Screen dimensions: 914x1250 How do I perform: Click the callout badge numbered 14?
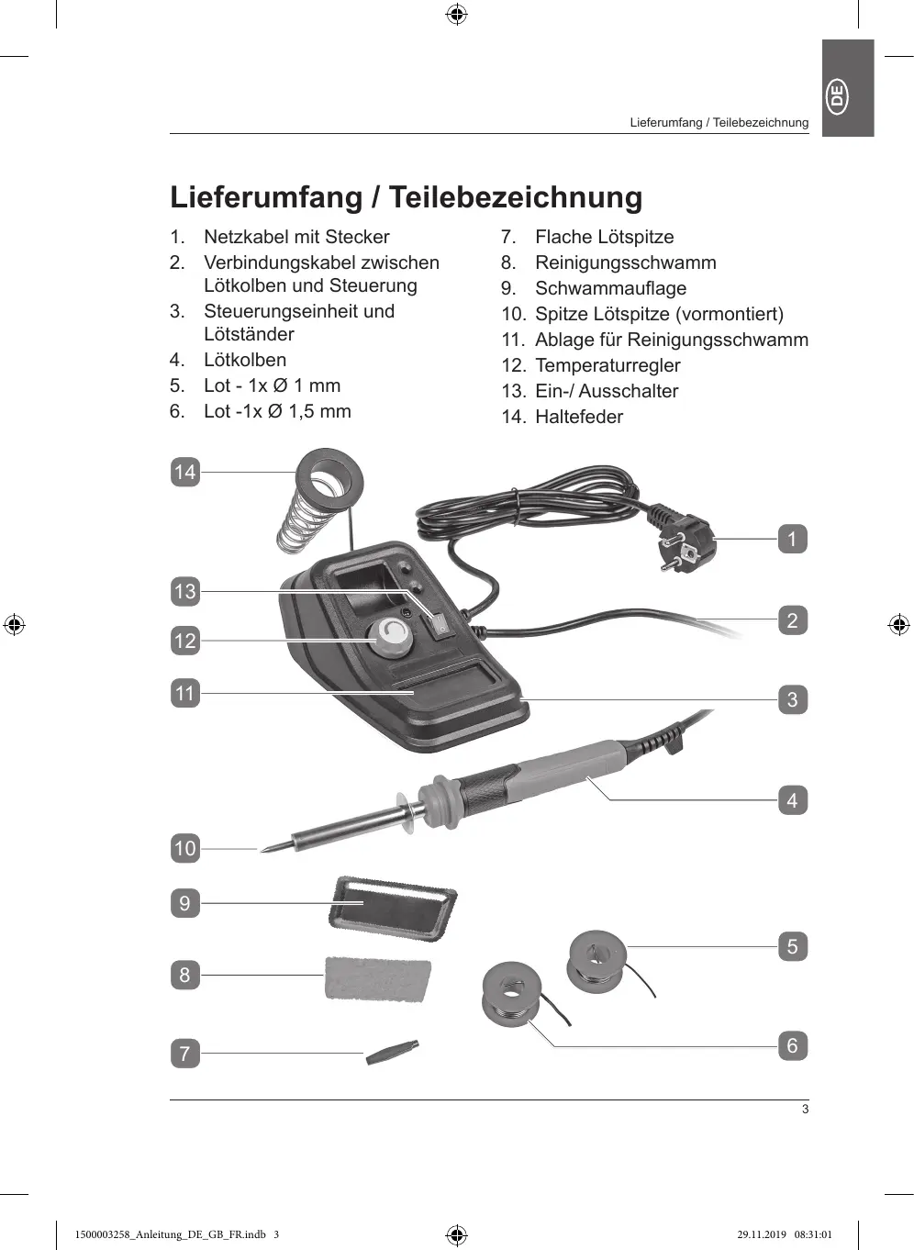pos(185,472)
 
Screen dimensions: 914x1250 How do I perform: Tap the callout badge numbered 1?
pos(792,539)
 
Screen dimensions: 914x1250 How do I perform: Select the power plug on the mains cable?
pos(684,541)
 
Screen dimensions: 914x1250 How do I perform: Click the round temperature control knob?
pos(392,635)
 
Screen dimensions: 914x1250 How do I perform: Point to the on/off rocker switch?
pos(442,623)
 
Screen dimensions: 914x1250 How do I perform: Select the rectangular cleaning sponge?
pos(377,978)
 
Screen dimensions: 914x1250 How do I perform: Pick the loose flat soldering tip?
pos(392,1052)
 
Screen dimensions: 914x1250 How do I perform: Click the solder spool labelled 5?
pos(597,960)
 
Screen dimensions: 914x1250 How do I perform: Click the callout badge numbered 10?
pos(185,848)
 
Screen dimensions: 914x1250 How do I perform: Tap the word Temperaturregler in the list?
pos(607,365)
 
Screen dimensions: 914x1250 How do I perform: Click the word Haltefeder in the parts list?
pos(579,417)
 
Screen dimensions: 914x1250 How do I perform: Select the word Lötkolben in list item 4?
pos(245,360)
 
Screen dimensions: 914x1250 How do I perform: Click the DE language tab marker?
pos(838,96)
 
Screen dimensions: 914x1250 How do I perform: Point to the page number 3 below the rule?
pos(805,1109)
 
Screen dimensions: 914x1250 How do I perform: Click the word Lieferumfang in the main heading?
pos(266,197)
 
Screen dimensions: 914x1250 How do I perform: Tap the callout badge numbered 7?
pos(185,1053)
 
